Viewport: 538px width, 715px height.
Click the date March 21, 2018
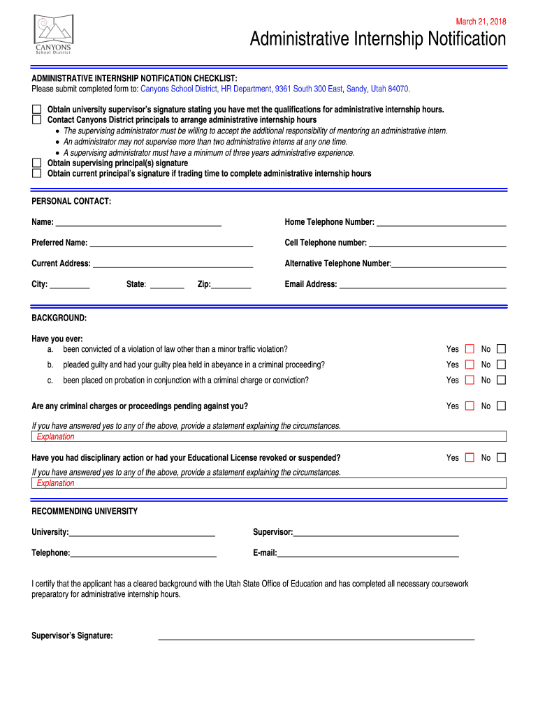coord(481,22)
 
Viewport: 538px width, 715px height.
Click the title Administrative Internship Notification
coord(378,40)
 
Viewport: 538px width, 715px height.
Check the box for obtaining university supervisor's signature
coord(36,110)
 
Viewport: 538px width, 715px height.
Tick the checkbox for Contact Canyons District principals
coord(36,119)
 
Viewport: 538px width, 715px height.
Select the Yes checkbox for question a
coord(470,349)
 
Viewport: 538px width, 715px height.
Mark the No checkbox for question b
coord(501,364)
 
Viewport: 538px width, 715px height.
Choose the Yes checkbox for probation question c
coord(470,381)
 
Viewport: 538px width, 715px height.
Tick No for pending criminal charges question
coord(501,406)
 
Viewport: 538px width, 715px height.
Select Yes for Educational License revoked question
coord(470,458)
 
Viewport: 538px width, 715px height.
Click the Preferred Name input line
coord(171,244)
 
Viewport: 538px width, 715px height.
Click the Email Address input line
coord(422,285)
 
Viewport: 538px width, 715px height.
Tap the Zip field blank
coord(231,285)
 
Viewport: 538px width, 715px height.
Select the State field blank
coord(167,285)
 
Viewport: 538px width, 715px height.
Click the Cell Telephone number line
coord(437,244)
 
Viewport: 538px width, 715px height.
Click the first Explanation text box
coord(269,437)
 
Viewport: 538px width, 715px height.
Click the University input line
coord(142,533)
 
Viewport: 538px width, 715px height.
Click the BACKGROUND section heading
coord(59,318)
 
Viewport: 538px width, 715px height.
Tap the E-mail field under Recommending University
coord(368,554)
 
